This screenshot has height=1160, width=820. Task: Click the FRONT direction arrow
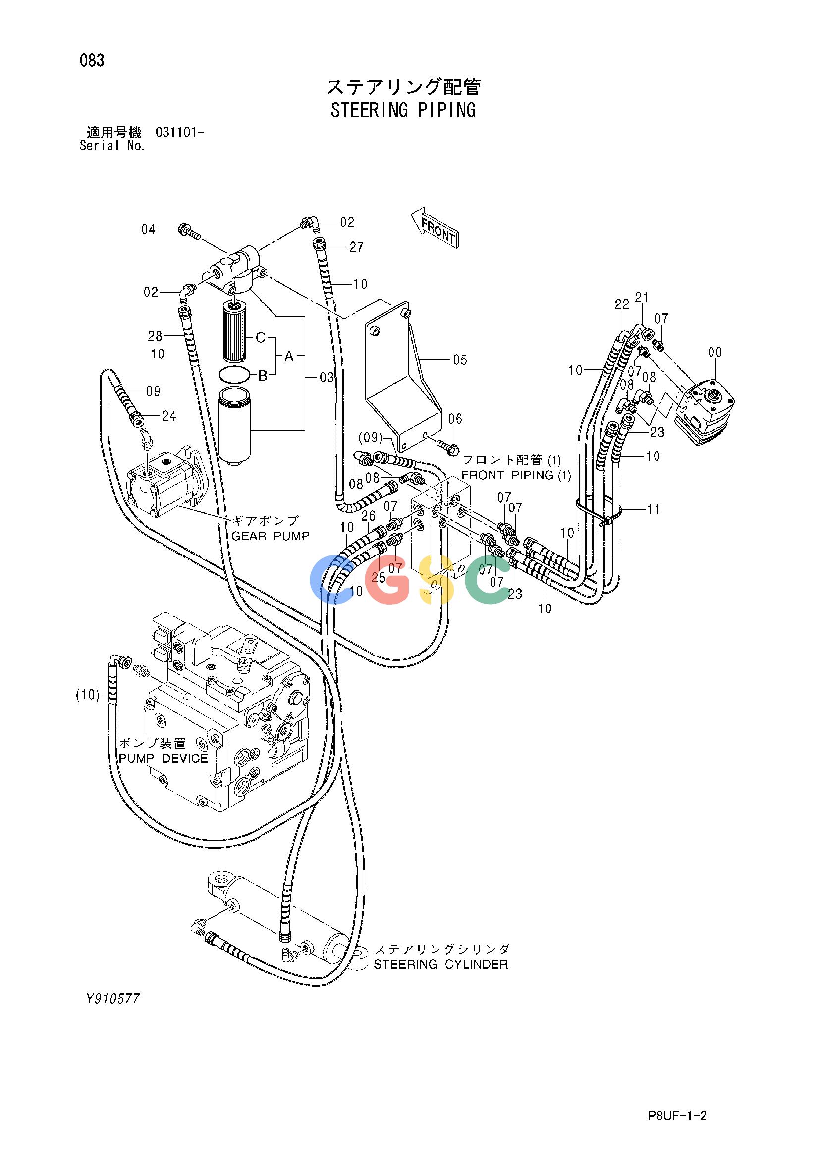point(434,227)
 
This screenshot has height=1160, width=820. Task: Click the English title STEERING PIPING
point(403,110)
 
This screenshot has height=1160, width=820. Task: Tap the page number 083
point(92,61)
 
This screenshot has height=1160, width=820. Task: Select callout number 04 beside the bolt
point(148,229)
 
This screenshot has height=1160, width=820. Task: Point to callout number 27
point(356,247)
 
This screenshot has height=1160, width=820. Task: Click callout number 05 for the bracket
point(459,360)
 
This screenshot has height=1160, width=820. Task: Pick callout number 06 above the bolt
point(455,419)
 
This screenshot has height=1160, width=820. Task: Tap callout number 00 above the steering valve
point(715,352)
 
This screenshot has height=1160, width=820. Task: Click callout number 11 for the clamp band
point(654,510)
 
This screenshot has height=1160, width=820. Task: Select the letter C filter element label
point(260,338)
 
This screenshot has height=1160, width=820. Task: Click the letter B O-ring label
point(263,376)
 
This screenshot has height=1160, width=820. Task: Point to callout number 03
point(327,377)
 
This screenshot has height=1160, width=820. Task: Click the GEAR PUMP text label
point(271,536)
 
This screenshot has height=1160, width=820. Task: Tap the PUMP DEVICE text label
point(164,758)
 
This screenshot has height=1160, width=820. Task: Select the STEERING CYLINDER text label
point(441,964)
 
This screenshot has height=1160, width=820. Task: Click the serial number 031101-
point(180,133)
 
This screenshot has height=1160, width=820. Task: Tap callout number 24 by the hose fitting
point(169,416)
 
